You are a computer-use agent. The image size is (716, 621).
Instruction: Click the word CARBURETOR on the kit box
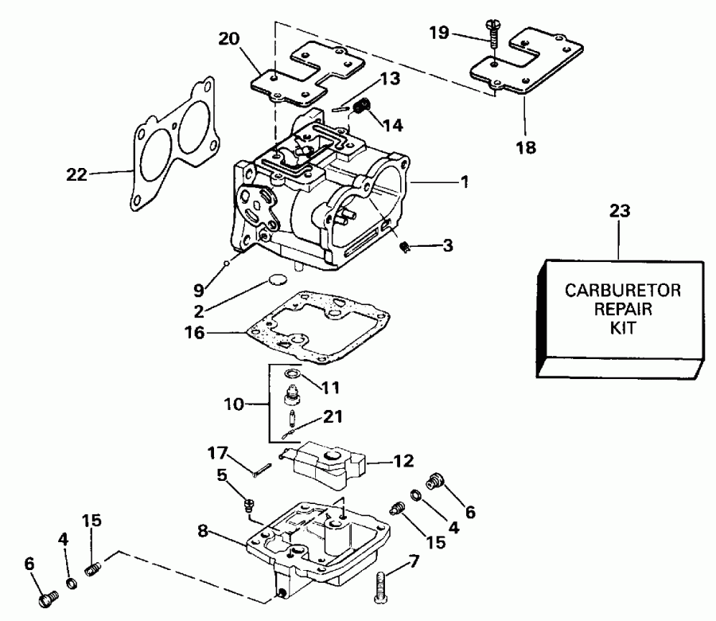point(623,291)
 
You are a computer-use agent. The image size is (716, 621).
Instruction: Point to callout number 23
point(620,211)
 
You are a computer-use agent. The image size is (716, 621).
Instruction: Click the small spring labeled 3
point(404,248)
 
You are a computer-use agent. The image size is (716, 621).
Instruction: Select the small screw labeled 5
point(249,504)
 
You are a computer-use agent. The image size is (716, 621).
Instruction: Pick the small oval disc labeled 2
point(275,281)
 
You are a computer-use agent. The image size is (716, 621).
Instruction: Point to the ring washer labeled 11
point(292,373)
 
